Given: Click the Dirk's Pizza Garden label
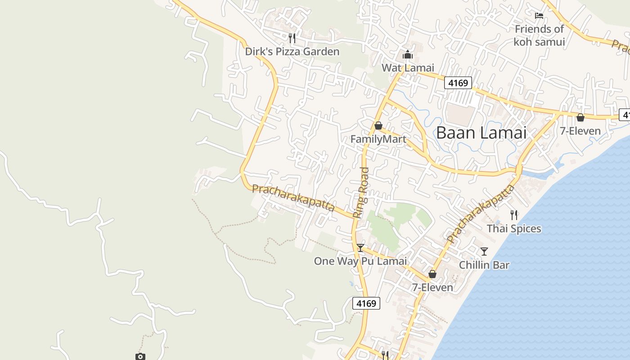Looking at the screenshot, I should pos(292,52).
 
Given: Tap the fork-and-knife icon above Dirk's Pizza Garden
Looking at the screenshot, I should pos(292,38).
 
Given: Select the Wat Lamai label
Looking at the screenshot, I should pos(408,68).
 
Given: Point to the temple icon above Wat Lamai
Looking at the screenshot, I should pos(408,55).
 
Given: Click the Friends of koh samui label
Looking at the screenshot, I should pos(539,36).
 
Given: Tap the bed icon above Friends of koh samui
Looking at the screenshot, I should pos(539,16).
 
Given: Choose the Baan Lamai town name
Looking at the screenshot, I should pos(481,133).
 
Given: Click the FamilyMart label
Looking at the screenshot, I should pos(378,139).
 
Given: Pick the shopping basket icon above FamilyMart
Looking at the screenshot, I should pos(378,126).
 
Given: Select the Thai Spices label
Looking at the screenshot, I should pos(514,229).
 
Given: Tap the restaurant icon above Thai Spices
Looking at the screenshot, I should pos(514,215).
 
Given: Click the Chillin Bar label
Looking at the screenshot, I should pos(484,265).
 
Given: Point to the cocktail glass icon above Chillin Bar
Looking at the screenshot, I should pos(484,251).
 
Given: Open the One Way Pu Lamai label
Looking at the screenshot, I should pos(360,261).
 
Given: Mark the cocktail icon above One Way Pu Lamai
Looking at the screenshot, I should pos(360,247).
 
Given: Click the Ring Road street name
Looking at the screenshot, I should pos(361,193).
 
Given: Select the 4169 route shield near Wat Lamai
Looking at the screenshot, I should pos(458,83).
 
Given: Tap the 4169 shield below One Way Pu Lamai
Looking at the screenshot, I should pos(366,303).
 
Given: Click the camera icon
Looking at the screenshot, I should pos(140,356).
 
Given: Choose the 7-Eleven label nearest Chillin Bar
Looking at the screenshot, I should pos(432,287).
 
